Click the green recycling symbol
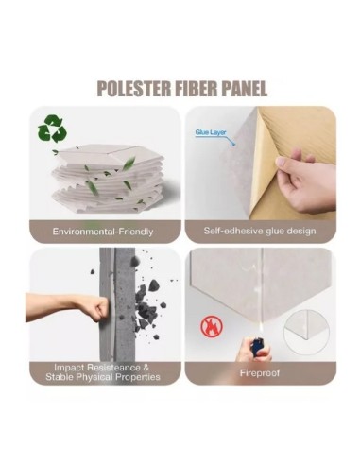point(52,129)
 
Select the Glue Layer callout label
point(211,132)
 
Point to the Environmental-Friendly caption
point(103,232)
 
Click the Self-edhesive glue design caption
point(260,231)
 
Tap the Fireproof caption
point(260,373)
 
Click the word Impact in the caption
point(69,368)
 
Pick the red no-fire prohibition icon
point(212,326)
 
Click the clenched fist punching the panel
point(96,309)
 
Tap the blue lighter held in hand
point(257,346)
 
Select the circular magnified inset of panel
point(306,331)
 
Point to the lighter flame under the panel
point(259,330)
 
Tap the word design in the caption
point(300,232)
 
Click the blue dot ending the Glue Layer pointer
point(233,145)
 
